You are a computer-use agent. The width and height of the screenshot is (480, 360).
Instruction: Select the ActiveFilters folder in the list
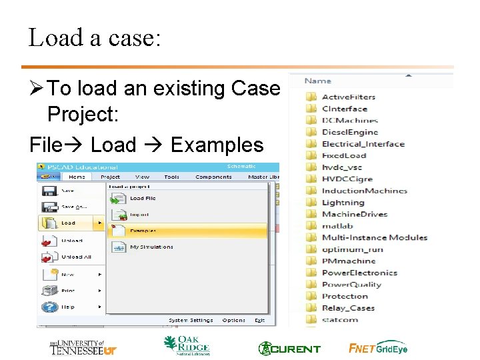(348, 97)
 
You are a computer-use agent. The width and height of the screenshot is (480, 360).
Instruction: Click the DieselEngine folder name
(349, 132)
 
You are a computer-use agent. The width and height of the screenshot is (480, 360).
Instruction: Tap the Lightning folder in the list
(343, 203)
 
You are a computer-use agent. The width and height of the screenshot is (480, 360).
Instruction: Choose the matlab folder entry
(337, 226)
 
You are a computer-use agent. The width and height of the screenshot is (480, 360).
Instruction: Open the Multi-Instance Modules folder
(374, 237)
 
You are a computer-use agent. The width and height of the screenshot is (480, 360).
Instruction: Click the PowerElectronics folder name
(359, 273)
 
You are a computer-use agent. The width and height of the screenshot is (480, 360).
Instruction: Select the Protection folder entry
(345, 296)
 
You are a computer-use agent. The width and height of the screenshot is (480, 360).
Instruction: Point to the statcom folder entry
(339, 319)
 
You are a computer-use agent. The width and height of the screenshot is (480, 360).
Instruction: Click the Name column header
(318, 81)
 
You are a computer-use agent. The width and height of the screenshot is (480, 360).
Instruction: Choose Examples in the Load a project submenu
(143, 231)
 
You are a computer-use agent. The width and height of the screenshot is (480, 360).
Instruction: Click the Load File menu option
(142, 198)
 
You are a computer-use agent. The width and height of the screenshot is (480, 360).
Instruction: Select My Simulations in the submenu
(151, 247)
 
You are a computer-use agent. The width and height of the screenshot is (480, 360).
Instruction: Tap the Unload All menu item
(76, 257)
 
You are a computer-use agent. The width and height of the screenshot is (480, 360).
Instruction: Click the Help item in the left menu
(68, 307)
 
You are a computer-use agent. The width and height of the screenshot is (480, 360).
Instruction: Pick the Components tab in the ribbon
(213, 177)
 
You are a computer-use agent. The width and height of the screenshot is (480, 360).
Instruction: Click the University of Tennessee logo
(83, 347)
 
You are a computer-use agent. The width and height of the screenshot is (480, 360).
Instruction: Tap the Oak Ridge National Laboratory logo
(187, 345)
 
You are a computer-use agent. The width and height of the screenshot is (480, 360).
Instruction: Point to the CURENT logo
(289, 348)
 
